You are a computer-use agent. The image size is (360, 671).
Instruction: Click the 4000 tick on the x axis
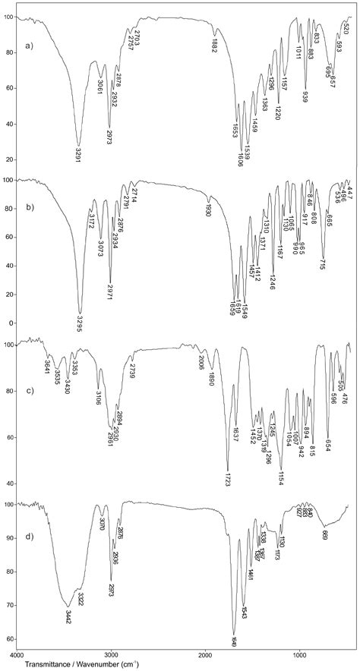pyautogui.click(x=17, y=652)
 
